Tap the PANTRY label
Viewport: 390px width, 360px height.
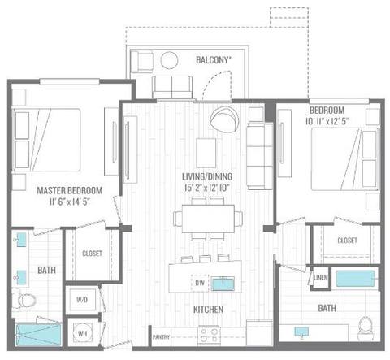click(160, 336)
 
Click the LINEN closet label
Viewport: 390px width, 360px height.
click(320, 278)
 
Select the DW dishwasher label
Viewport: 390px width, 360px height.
click(198, 284)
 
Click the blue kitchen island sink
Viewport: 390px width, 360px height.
click(223, 284)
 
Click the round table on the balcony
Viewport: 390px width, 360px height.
click(171, 60)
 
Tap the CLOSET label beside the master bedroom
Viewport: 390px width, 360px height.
click(92, 254)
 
